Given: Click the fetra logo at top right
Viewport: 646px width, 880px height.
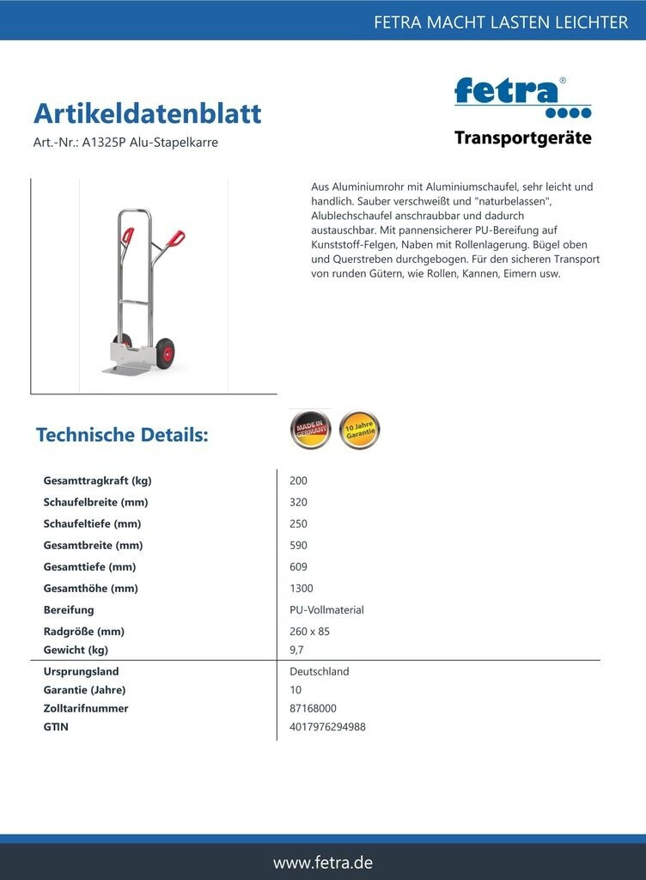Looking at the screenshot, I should (x=522, y=97).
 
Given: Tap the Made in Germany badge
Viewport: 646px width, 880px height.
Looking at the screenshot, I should (x=310, y=430).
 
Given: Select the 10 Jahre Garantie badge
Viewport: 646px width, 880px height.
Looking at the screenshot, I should (x=359, y=430).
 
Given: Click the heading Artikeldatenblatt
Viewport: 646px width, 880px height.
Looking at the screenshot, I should (x=147, y=113).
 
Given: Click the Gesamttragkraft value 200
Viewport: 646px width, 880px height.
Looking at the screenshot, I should (x=299, y=481).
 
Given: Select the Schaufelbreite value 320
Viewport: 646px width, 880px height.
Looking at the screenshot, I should (x=299, y=503).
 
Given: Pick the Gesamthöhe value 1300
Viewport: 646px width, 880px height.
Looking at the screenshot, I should (x=302, y=589).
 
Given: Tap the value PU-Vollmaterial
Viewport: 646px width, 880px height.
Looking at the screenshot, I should (x=326, y=610).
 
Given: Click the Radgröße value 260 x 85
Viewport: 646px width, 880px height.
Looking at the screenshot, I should (x=309, y=632).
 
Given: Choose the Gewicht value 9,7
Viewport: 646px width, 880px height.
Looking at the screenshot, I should (x=297, y=651).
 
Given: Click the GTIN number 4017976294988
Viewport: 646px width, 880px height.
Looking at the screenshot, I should (x=327, y=727).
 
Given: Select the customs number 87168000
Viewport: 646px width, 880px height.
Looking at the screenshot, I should (x=313, y=709).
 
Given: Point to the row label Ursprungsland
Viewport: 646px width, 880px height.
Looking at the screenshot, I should (x=81, y=672).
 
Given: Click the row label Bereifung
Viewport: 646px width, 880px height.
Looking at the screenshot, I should (x=69, y=610).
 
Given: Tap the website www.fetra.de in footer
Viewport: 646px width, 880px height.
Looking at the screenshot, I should (x=323, y=862).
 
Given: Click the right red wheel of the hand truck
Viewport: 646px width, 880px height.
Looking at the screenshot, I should (x=165, y=352).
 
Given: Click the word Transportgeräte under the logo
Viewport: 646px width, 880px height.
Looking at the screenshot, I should (x=522, y=138).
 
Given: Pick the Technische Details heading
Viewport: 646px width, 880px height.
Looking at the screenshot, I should (x=122, y=435).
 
